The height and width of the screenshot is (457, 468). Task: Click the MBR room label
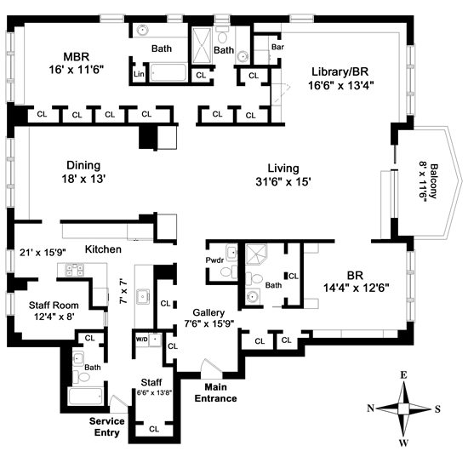point(77,57)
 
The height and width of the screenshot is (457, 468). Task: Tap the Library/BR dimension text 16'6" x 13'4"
point(341,85)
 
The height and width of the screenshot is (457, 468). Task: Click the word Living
point(283,168)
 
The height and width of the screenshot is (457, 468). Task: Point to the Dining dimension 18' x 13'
point(84,179)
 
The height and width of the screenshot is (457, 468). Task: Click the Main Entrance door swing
point(211,369)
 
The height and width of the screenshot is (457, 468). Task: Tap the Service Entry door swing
point(119,401)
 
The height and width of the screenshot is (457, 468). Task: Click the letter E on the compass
point(403,375)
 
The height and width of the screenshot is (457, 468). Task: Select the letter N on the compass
point(370,408)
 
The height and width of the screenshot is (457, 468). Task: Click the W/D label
point(142,340)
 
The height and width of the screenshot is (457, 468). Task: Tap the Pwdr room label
point(214,260)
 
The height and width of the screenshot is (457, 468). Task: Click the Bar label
point(277,47)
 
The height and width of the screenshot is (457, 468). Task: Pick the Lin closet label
point(139,74)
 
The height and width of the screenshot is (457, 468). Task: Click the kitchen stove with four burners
point(75,270)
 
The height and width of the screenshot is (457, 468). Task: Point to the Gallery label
point(208,313)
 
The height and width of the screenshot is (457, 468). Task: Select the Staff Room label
point(54,305)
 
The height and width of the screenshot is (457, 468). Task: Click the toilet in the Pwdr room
point(229,272)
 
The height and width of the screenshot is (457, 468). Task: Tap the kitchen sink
point(143,297)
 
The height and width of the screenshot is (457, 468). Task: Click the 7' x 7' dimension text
point(123,291)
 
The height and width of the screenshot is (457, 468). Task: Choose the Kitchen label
point(103,249)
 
